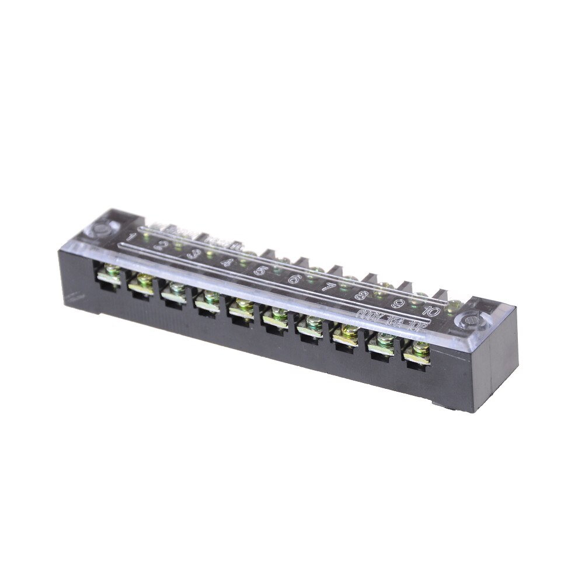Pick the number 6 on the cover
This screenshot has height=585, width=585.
pos(294,280)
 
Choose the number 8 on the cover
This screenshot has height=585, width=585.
pos(362,296)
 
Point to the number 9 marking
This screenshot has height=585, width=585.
pos(398,304)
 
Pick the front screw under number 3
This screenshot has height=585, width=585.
pos(177,288)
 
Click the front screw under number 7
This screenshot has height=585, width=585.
pos(314,323)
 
